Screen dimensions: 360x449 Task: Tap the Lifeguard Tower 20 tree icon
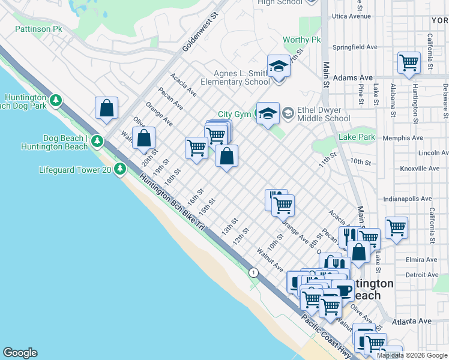click(120, 169)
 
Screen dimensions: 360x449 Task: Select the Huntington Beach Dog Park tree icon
click(56, 100)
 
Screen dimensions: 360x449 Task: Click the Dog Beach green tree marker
click(97, 142)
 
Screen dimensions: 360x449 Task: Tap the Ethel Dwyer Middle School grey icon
click(288, 113)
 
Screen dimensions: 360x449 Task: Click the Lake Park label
click(357, 137)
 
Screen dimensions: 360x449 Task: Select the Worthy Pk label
click(302, 40)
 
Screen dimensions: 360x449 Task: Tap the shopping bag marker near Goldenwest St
click(106, 109)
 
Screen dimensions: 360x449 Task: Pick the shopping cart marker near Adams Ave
click(409, 62)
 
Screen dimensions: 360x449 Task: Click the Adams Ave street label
click(353, 78)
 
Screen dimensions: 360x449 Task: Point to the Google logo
click(20, 353)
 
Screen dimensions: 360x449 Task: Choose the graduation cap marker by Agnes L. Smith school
click(278, 66)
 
